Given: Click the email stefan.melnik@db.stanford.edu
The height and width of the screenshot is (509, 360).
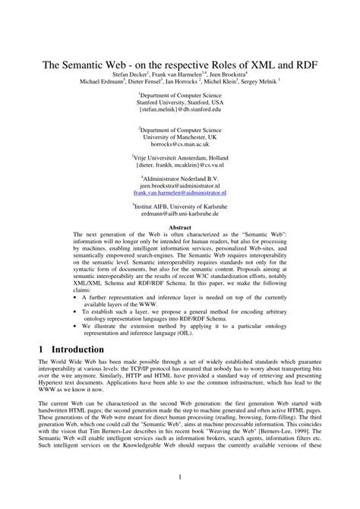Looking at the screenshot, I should click(x=180, y=109).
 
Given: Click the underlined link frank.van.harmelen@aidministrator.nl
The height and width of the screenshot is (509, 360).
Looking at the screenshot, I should click(x=180, y=193).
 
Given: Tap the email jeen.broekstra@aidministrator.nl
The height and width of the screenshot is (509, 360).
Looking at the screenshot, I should click(x=180, y=185).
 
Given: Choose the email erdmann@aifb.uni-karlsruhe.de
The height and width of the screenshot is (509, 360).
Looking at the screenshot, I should click(x=180, y=212).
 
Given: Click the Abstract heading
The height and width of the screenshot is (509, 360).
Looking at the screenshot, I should click(x=180, y=227).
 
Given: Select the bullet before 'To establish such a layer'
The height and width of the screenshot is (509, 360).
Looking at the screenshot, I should click(x=76, y=311).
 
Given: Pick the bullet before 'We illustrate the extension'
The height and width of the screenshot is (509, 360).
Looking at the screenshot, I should click(x=76, y=325).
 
